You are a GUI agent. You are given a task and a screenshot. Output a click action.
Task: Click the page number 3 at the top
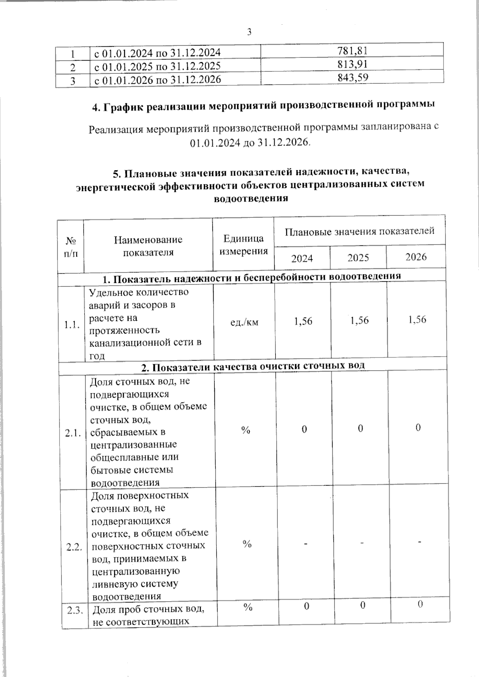249,32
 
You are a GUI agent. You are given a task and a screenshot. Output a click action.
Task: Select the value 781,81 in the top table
352,50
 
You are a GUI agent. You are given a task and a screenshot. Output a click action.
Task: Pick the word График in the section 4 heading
122,107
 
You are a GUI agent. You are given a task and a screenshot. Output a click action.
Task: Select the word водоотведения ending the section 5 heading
251,198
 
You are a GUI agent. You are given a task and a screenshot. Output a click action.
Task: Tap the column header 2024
302,259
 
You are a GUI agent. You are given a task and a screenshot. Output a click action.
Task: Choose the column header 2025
358,258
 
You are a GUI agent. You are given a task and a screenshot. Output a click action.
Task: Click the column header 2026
416,257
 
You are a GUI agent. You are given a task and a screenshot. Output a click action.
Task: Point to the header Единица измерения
243,245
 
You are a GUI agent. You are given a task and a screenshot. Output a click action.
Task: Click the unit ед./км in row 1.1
245,322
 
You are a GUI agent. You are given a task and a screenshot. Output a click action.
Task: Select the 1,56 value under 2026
417,320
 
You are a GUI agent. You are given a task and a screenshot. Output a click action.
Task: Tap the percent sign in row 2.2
247,544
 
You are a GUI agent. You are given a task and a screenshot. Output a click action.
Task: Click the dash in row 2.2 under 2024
305,544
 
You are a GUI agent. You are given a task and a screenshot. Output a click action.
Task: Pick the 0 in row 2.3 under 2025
362,606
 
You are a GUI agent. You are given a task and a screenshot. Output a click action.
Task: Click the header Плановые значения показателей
359,231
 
